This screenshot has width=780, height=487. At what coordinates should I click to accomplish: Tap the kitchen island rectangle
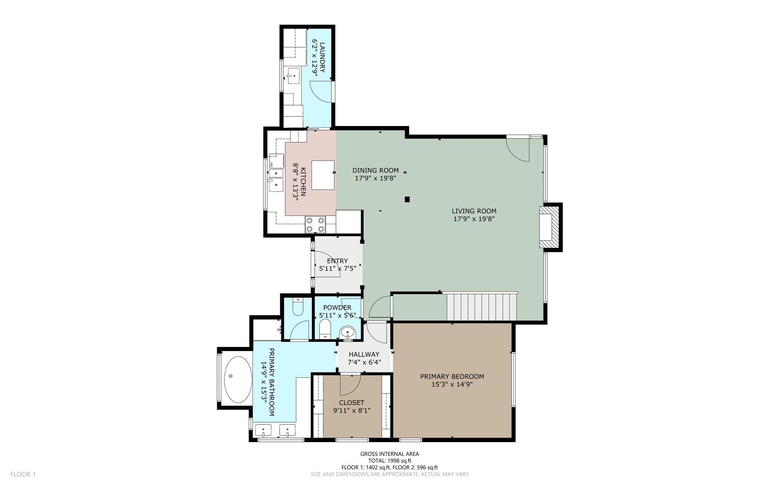[x=323, y=175]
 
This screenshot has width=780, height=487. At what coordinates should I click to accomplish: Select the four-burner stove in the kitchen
[x=316, y=224]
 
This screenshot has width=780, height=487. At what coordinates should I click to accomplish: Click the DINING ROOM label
[x=376, y=170]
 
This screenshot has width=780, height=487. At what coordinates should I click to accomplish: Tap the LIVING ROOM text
[x=474, y=211]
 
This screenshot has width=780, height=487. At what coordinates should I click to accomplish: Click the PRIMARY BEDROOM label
[x=452, y=377]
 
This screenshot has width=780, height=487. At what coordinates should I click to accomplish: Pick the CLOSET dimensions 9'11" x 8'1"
[x=352, y=410]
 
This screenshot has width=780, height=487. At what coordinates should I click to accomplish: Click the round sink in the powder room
[x=348, y=332]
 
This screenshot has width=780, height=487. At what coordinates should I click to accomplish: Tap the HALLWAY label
[x=364, y=354]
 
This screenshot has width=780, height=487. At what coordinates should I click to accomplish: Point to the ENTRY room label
[x=337, y=261]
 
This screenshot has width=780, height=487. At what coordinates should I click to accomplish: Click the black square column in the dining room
[x=407, y=199]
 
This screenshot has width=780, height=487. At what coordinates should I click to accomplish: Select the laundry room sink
[x=293, y=76]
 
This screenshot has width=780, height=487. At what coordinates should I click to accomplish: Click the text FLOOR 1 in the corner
[x=23, y=474]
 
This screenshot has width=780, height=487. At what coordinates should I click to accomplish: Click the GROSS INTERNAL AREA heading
[x=390, y=454]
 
